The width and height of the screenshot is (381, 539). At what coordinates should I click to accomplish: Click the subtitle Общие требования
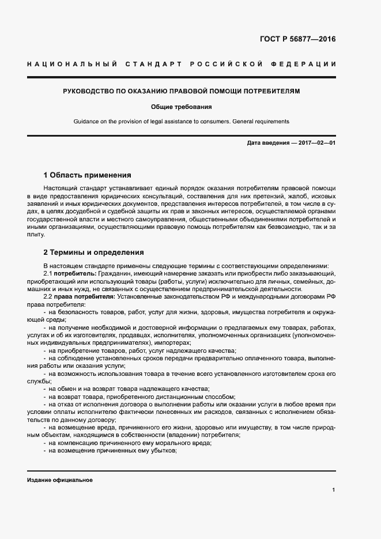(x=182, y=107)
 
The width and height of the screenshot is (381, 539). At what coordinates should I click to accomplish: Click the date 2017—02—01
(x=316, y=142)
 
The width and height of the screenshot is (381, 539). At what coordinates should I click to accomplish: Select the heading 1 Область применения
(x=87, y=175)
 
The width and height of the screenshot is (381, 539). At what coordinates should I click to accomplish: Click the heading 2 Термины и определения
(x=94, y=252)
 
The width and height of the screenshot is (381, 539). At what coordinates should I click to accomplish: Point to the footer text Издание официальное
(x=60, y=480)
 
